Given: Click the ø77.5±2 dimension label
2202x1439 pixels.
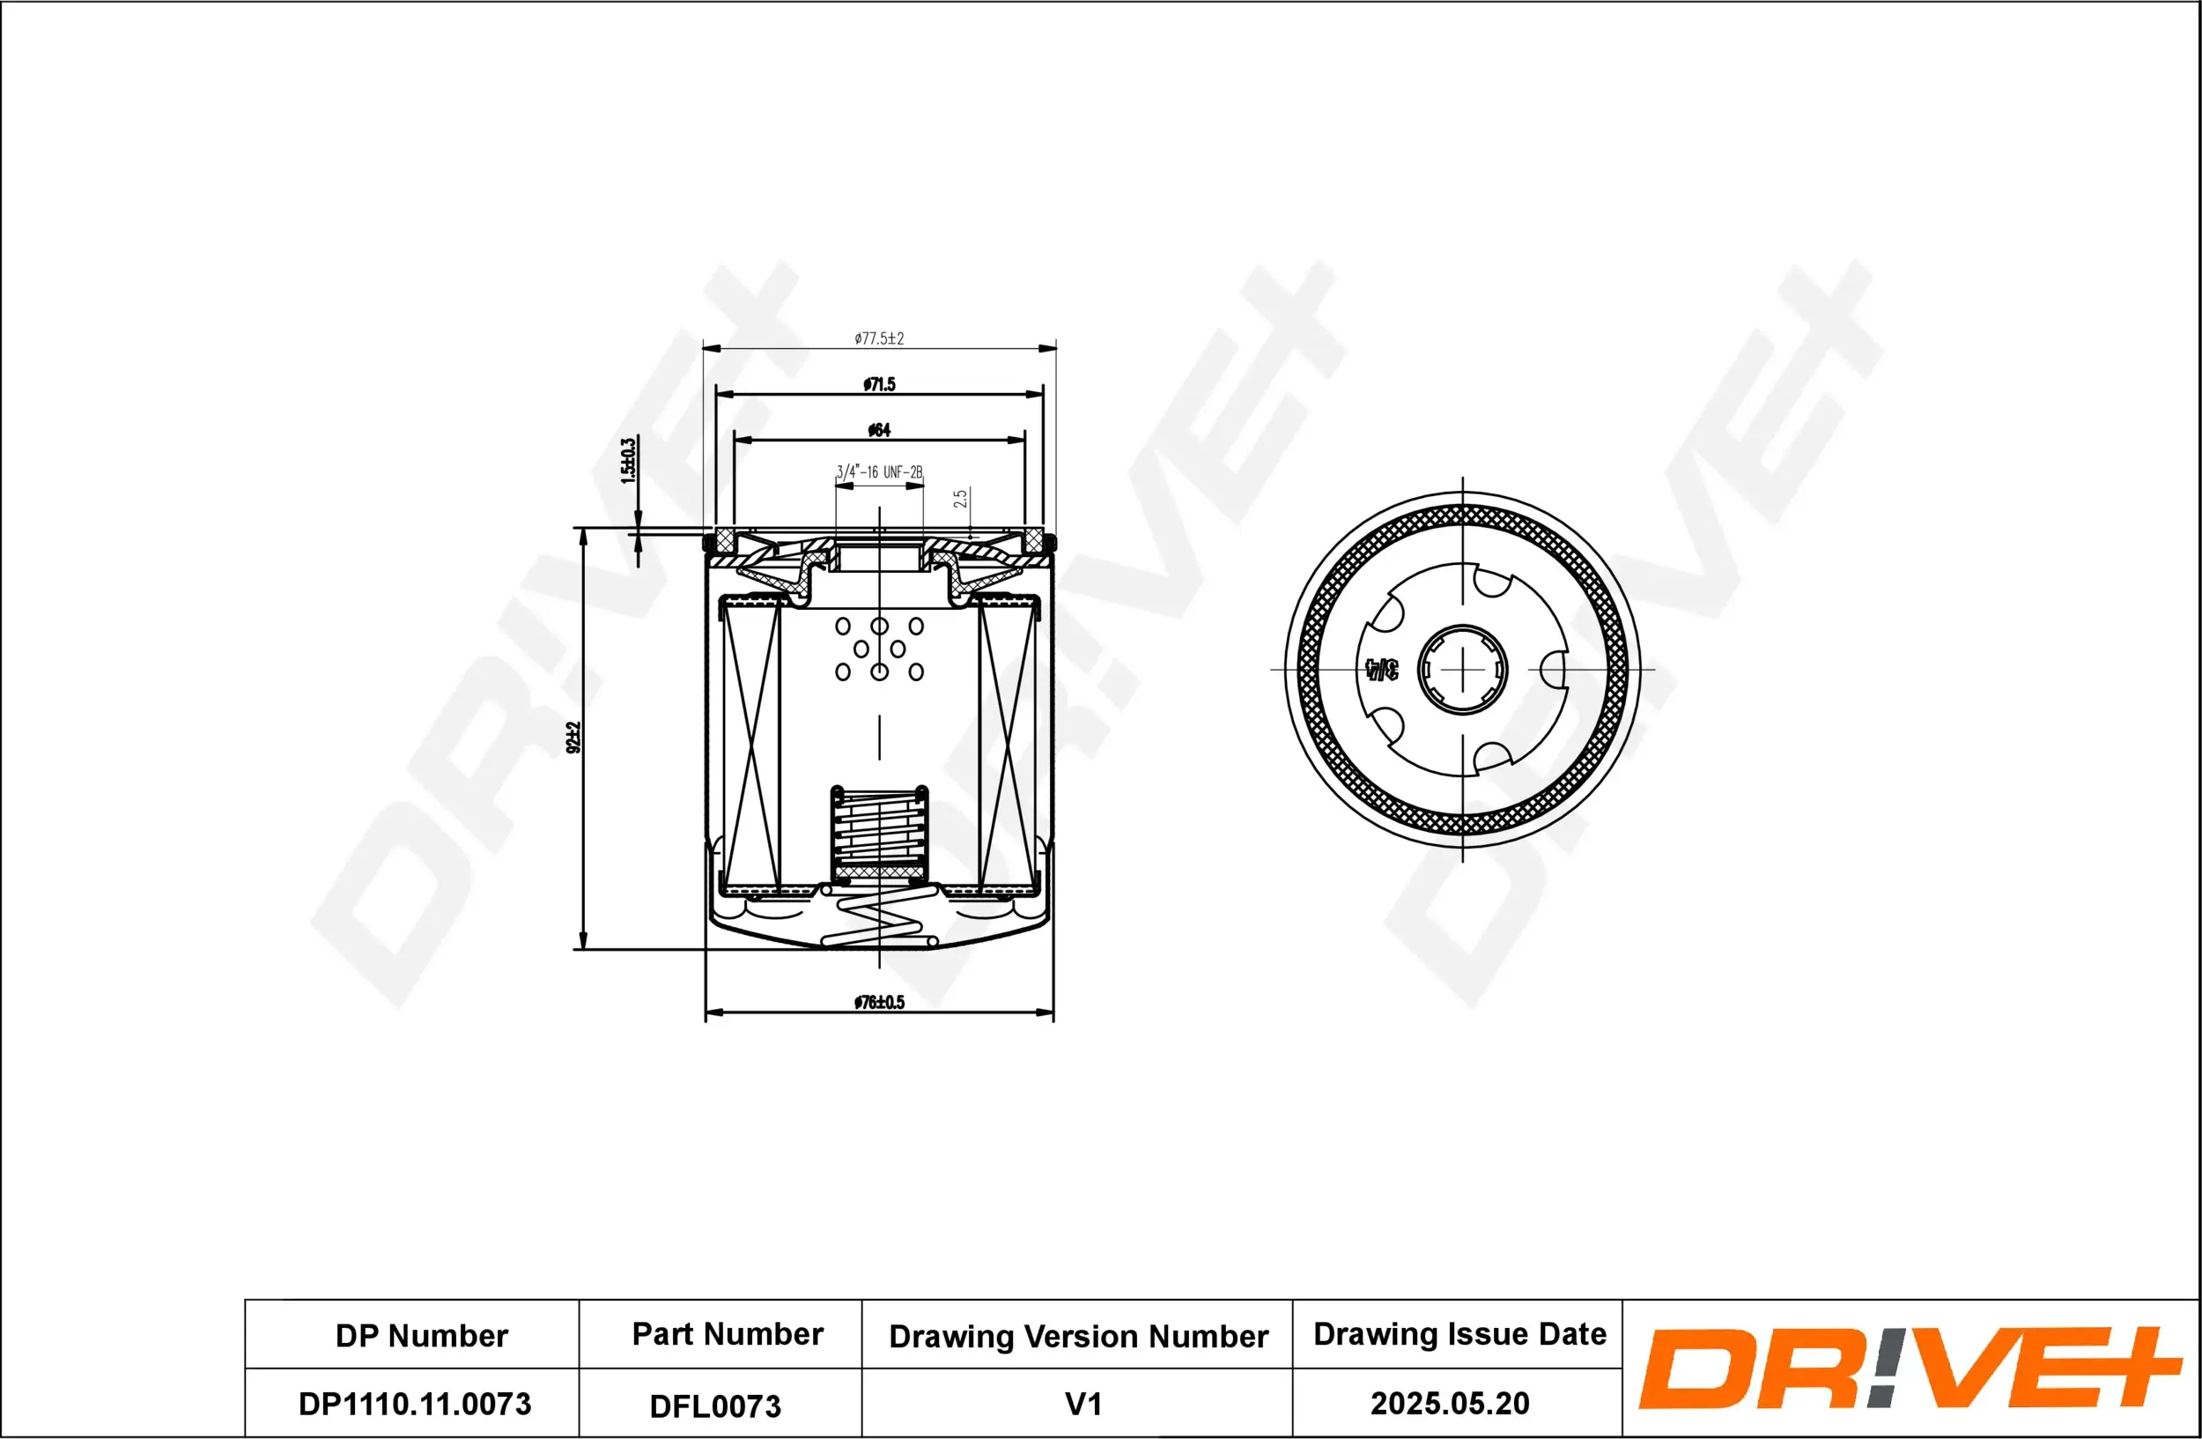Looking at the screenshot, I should click(x=878, y=338).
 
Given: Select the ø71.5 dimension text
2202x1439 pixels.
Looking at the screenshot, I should click(x=879, y=384).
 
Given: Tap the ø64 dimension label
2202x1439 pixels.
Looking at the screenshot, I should click(x=878, y=429).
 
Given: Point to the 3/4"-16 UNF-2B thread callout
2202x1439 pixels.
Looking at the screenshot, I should click(x=879, y=472).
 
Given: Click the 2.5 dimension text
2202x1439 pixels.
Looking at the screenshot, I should click(x=960, y=499).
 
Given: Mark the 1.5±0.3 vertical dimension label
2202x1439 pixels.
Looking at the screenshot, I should click(x=628, y=461).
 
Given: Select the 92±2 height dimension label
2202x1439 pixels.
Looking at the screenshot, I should click(x=573, y=738).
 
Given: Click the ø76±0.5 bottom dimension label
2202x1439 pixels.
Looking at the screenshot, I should click(x=879, y=1002).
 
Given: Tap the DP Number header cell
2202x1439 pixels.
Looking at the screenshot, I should click(x=421, y=1336).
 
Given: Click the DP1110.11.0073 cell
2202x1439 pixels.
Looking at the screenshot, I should click(x=415, y=1404).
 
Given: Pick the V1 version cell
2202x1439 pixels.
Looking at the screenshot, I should click(x=1083, y=1405).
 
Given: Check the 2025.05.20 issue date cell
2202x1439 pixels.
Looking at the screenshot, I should click(x=1450, y=1404).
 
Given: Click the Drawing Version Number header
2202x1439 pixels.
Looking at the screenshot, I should click(x=1078, y=1336).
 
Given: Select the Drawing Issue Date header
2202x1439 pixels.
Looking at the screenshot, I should click(x=1459, y=1333).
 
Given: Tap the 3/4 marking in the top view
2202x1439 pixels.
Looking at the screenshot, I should click(x=1381, y=669).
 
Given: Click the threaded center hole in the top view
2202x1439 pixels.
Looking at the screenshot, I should click(x=1462, y=669).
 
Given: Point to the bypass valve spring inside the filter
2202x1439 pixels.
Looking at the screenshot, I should click(x=879, y=830).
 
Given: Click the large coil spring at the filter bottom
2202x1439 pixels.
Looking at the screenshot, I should click(x=879, y=921).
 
